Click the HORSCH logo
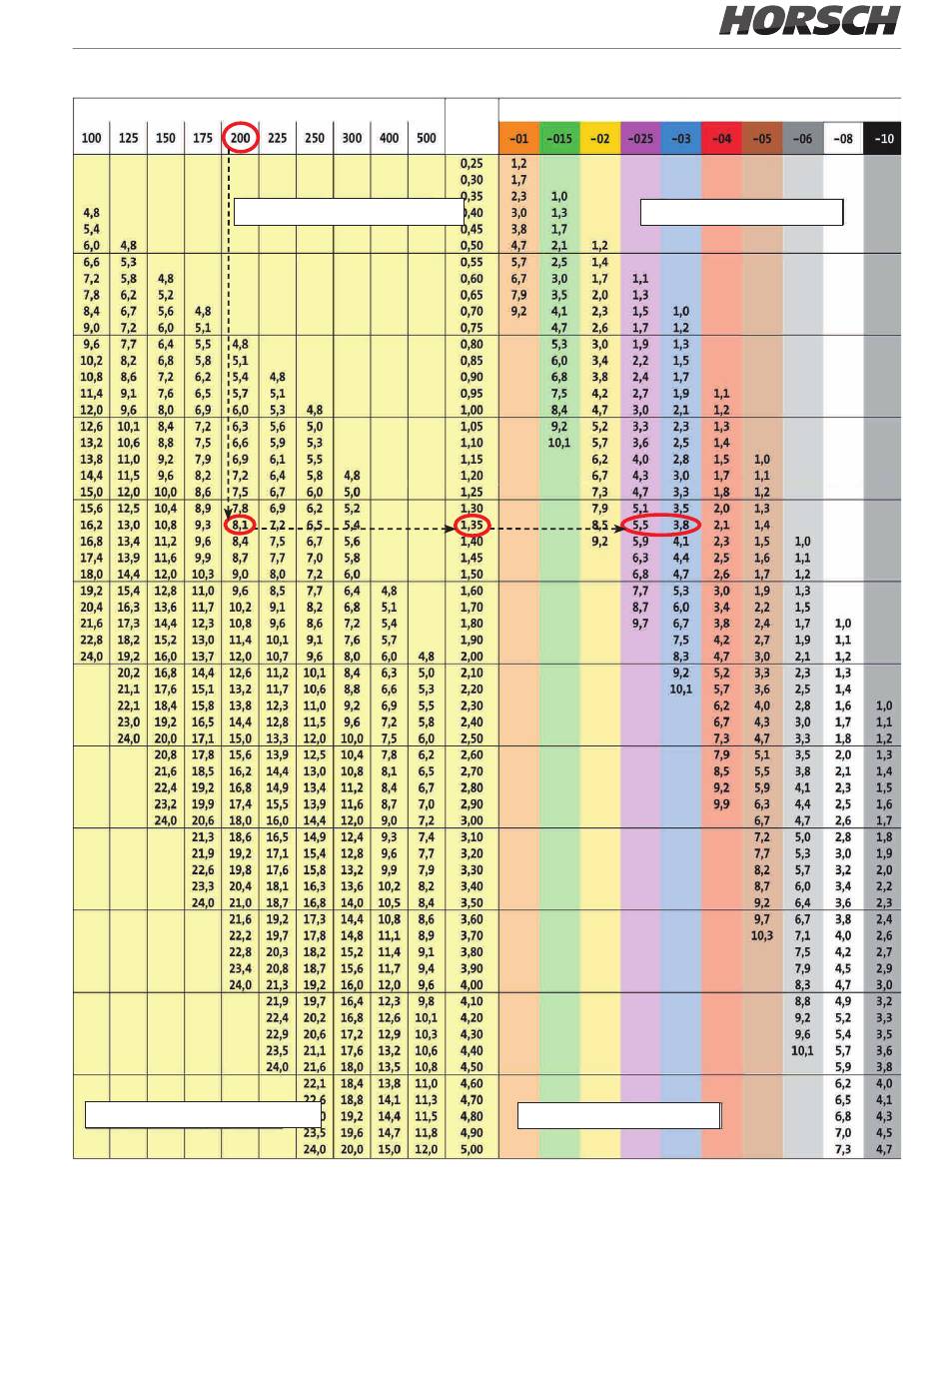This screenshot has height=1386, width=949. click(809, 20)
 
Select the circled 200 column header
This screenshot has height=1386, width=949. click(240, 137)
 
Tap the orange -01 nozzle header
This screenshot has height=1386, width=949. click(519, 139)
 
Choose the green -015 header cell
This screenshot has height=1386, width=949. click(559, 139)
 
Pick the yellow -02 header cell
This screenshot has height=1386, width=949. click(600, 139)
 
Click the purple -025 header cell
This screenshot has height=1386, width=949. click(640, 139)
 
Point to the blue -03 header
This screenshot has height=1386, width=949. click(681, 139)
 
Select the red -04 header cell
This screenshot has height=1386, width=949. click(722, 139)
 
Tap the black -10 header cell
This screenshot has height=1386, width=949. click(883, 139)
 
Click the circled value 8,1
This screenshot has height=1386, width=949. click(240, 525)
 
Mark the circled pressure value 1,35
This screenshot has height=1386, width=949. click(473, 525)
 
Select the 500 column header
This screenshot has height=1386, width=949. click(427, 138)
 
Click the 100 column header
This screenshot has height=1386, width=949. click(91, 138)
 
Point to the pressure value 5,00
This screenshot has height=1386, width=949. click(472, 1149)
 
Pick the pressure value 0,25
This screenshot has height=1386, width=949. click(472, 163)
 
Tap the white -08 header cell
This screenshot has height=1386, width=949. click(843, 139)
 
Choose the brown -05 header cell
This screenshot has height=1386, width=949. click(762, 139)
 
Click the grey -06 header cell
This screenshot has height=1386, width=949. click(803, 139)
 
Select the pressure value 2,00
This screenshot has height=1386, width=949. click(472, 656)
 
